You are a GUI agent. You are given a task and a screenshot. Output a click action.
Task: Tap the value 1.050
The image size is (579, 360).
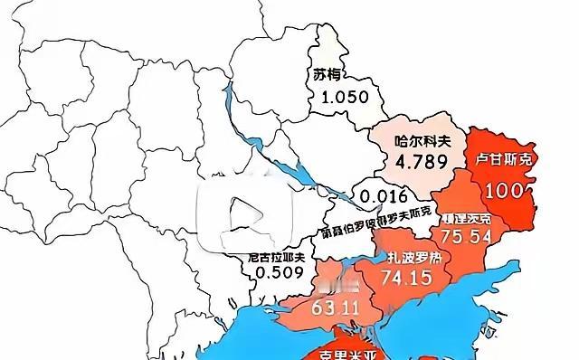coord(337,97)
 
